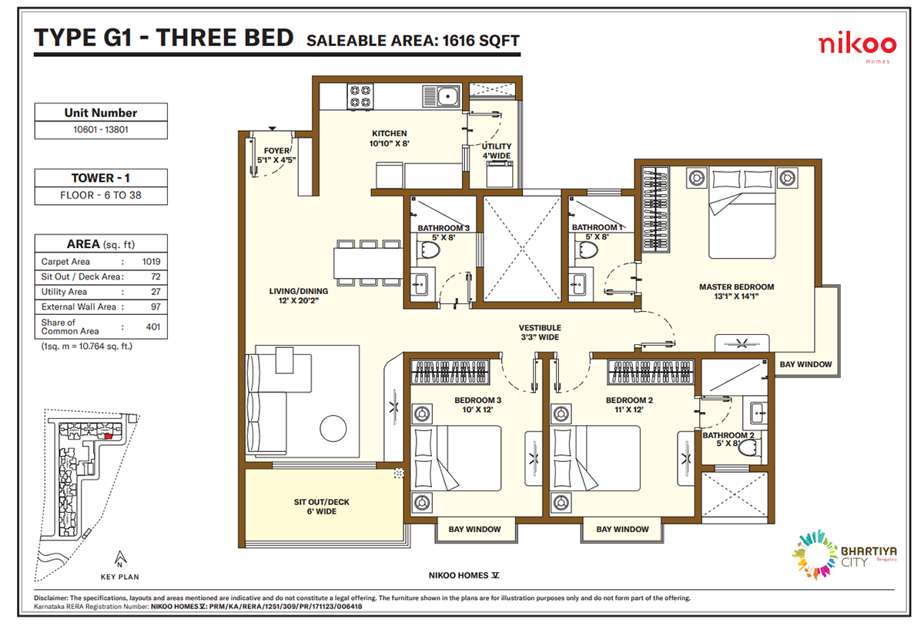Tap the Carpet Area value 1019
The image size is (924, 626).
coord(151,262)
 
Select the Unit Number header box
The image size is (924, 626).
coord(100,112)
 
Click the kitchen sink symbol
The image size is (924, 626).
coord(441,97)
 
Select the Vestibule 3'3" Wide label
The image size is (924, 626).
coord(539,333)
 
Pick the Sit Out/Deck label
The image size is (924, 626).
coord(321,507)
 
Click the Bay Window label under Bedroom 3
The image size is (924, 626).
coord(474,529)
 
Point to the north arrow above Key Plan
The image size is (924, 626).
coord(119,557)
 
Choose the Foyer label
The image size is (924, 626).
coord(276,156)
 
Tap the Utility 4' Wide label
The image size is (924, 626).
coord(496,151)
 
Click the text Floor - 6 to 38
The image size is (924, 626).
coord(100,195)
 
